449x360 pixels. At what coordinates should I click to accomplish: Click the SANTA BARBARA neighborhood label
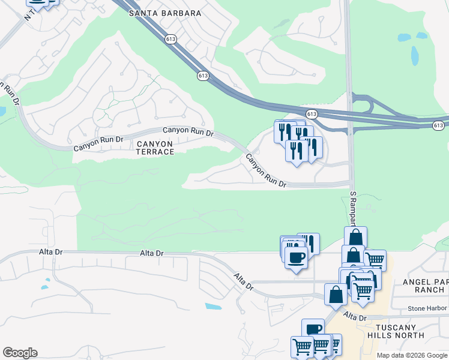pos(164,13)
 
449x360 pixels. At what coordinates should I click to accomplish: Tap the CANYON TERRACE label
pos(155,148)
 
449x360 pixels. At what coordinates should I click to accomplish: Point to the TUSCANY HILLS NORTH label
pos(397,331)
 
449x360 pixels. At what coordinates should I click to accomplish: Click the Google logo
pos(20,353)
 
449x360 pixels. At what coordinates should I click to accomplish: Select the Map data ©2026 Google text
pos(412,355)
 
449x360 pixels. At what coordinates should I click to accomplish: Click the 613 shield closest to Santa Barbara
pos(171,39)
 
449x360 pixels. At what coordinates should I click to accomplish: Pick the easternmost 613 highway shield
pos(439,125)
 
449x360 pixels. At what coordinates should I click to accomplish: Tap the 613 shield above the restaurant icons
pos(311,113)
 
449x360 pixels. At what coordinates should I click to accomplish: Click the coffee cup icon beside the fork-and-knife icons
pos(295,259)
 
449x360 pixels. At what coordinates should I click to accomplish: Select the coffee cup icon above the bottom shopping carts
pos(313,329)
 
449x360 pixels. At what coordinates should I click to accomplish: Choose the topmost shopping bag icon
pos(355,236)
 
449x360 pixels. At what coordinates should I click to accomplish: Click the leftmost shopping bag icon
pos(335,293)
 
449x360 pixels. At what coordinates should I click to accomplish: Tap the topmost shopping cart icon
pos(375,259)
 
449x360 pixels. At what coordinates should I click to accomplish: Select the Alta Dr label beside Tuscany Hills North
pos(354,316)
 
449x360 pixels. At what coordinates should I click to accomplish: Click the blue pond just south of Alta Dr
pos(213,306)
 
